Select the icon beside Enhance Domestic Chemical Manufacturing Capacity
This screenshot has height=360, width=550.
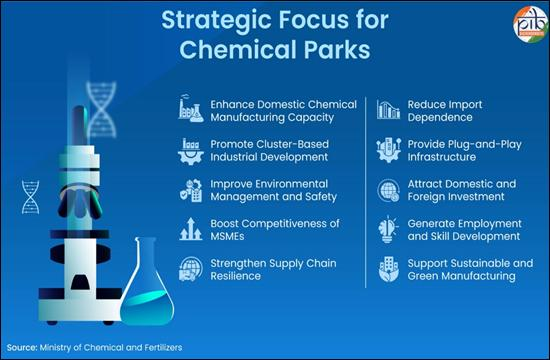pyautogui.click(x=191, y=108)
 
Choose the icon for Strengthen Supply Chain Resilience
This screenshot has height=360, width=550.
pyautogui.click(x=191, y=269)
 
